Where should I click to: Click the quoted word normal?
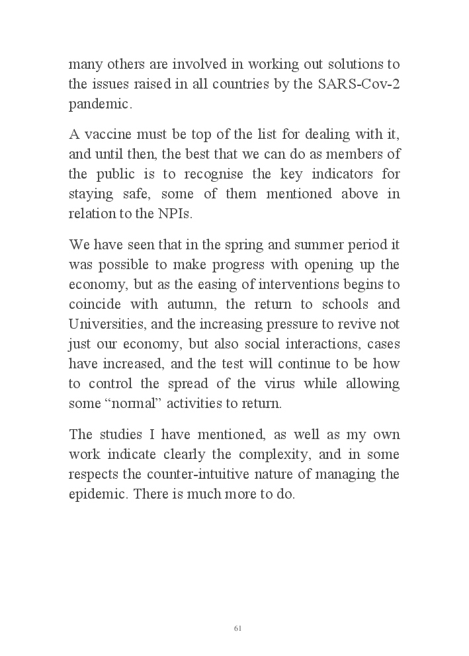[x=140, y=403]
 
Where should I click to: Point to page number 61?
[x=237, y=628]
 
